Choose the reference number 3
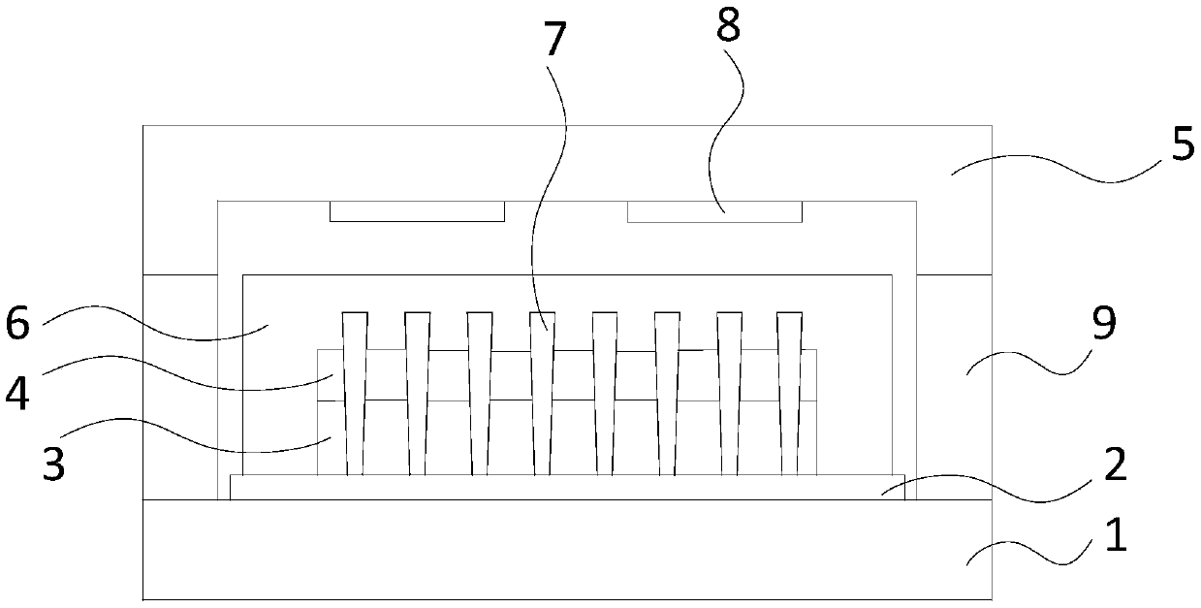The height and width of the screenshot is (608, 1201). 55,463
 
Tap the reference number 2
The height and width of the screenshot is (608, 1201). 1115,466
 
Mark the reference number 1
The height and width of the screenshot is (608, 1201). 1117,534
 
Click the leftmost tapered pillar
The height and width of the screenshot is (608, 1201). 355,388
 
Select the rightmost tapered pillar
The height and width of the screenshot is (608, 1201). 790,388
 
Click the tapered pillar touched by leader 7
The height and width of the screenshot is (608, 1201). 543,388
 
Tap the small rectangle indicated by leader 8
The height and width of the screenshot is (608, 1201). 714,211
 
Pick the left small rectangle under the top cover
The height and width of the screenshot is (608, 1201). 417,211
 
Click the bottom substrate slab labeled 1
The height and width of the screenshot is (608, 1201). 567,550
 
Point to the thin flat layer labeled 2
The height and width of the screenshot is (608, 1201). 567,488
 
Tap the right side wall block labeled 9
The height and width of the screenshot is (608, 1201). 954,388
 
